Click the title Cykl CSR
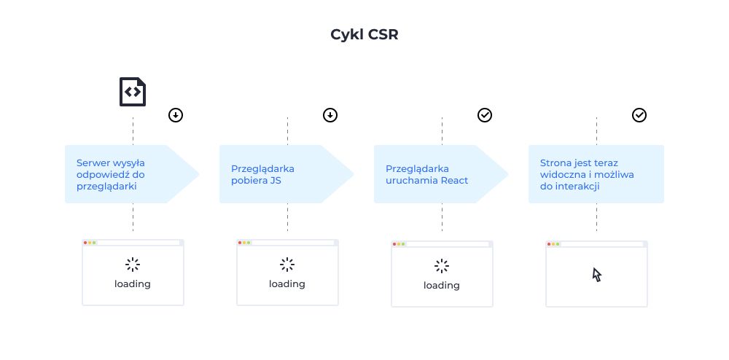click(364, 35)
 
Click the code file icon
click(133, 92)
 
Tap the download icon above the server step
click(176, 115)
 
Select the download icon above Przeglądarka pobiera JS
click(330, 115)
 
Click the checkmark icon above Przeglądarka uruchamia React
click(485, 115)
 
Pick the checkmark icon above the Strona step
click(639, 115)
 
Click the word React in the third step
click(454, 180)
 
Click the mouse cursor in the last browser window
click(597, 275)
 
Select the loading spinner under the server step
click(133, 264)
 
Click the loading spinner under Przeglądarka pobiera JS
click(287, 264)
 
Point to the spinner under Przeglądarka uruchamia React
click(442, 265)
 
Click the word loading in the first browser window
click(133, 283)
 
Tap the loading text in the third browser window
click(442, 285)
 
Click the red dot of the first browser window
click(85, 243)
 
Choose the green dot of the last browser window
click(558, 244)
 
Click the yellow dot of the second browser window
click(244, 243)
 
